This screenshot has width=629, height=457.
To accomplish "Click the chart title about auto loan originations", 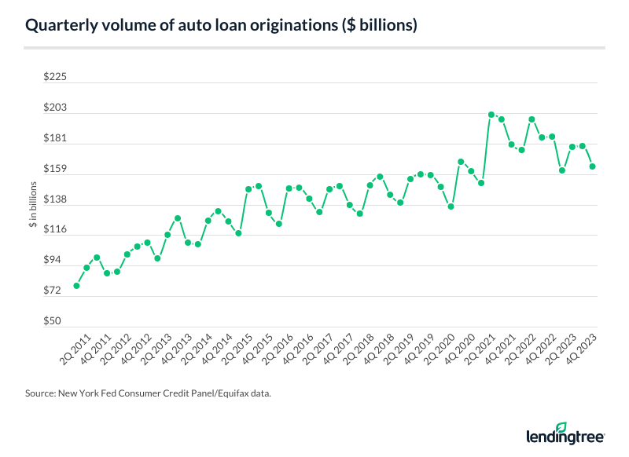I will [x=221, y=26].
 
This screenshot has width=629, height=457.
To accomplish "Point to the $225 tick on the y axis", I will [x=57, y=78].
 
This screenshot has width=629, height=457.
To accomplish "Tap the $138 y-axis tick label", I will [x=57, y=200].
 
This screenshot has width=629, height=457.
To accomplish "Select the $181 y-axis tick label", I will [x=57, y=139].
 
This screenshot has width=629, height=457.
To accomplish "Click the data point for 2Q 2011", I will [x=76, y=286].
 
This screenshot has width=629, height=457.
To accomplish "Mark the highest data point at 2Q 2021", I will [x=491, y=115].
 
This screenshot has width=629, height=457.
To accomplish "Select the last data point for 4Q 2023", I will [x=591, y=166].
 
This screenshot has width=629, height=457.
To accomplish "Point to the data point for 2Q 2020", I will [x=451, y=207].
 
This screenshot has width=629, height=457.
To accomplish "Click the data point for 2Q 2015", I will [x=248, y=189].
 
